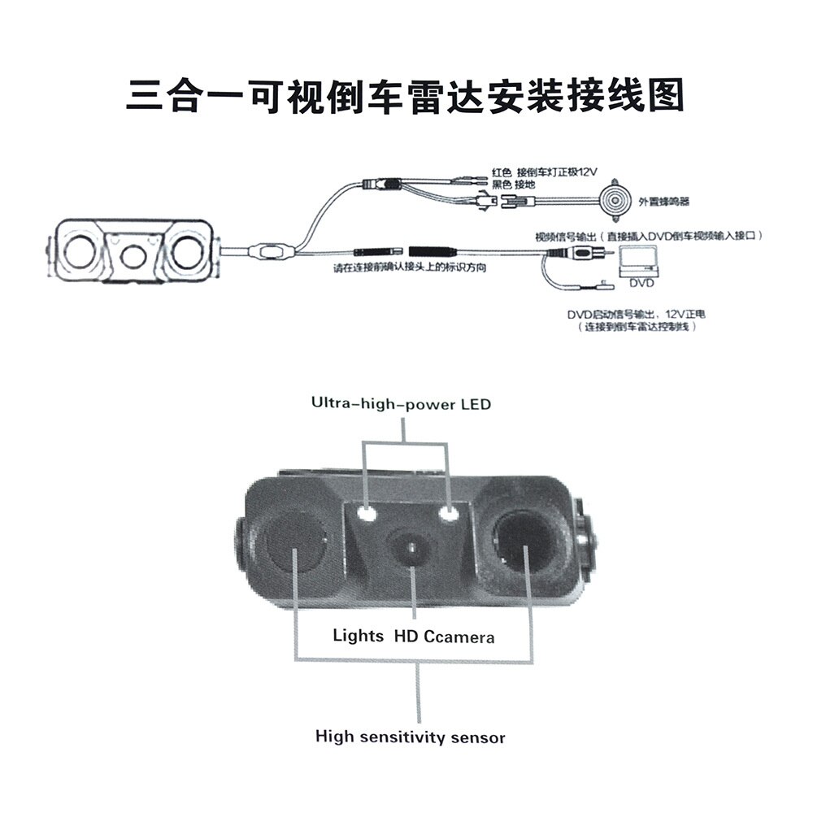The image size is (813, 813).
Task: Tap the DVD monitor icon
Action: point(641,259)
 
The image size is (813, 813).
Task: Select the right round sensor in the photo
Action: point(525,542)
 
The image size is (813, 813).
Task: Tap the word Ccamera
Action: point(459,637)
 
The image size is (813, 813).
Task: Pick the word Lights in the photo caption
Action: point(358,637)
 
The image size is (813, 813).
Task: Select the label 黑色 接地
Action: point(515,185)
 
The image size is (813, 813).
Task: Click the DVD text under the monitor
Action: point(641,284)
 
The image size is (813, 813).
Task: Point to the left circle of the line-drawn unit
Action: point(80,252)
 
